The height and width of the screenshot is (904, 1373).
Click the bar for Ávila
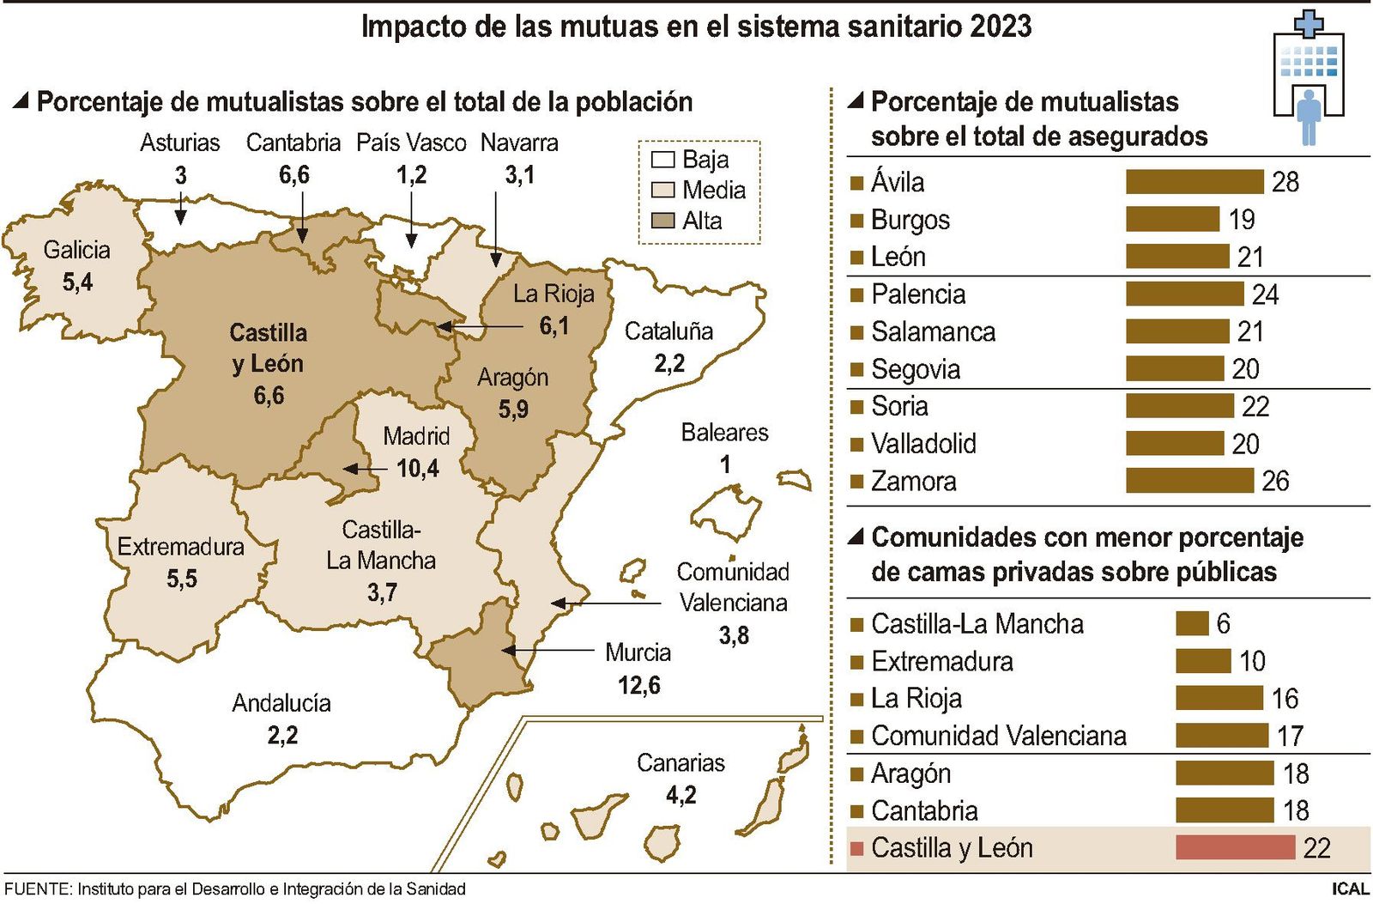[1194, 182]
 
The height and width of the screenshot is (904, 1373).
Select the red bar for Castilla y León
[1235, 847]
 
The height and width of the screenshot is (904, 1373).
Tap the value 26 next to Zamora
[1275, 481]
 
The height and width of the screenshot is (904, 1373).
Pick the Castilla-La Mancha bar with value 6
[1192, 623]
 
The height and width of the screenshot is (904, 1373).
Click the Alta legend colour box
[662, 221]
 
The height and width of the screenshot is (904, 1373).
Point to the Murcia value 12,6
[638, 685]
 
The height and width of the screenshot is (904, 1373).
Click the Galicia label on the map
[77, 250]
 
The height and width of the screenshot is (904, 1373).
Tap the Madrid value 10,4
[418, 468]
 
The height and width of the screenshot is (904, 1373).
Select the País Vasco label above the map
[411, 143]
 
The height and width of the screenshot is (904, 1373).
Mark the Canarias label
[680, 762]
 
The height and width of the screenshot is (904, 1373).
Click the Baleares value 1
[725, 464]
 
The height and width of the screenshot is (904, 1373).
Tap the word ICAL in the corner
[1350, 889]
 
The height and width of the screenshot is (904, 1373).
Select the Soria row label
[899, 406]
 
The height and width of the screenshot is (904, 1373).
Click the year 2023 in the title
[1001, 26]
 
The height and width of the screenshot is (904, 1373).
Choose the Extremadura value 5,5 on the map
[181, 579]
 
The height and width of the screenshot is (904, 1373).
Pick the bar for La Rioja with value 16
[1219, 698]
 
